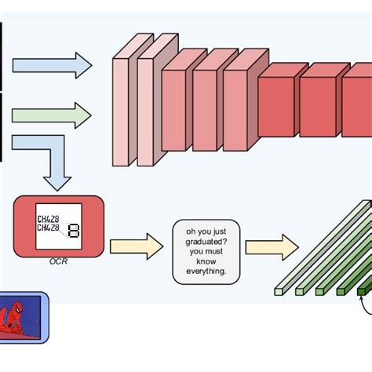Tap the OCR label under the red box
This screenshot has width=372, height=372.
click(x=58, y=261)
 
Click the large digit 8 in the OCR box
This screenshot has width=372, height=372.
click(x=74, y=232)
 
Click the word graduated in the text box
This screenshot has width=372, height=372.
click(x=206, y=241)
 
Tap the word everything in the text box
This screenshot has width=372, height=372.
click(x=206, y=271)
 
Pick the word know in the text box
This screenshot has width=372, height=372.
click(x=206, y=261)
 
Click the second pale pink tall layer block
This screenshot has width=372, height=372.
click(x=145, y=110)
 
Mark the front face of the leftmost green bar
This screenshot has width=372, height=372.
click(x=278, y=291)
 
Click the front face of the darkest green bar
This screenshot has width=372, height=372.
click(x=362, y=291)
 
